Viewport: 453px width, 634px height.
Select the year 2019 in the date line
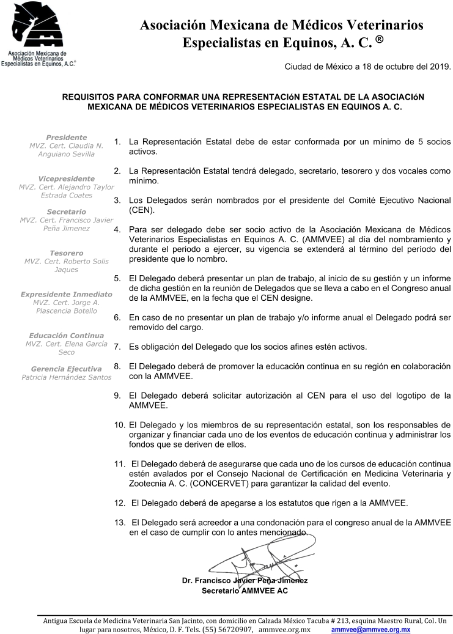point(440,67)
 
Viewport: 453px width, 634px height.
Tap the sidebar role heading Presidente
point(66,138)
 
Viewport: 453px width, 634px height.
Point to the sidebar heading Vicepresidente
point(66,179)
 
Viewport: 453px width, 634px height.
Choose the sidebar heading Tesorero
point(66,253)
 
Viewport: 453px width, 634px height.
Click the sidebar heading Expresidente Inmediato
point(66,294)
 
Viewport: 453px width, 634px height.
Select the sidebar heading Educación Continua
point(66,336)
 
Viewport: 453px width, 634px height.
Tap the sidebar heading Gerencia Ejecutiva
point(66,369)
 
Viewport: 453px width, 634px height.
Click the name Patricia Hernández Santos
point(66,377)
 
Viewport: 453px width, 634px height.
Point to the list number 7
point(117,347)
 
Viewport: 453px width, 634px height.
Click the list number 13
point(120,524)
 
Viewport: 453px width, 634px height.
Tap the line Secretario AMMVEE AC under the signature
point(245,591)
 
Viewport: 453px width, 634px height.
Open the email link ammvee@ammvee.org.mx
point(370,629)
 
